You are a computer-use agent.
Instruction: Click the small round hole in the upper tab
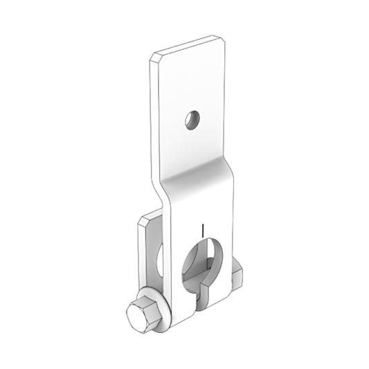tap(192, 120)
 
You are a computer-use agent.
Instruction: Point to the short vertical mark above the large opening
tap(200, 229)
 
